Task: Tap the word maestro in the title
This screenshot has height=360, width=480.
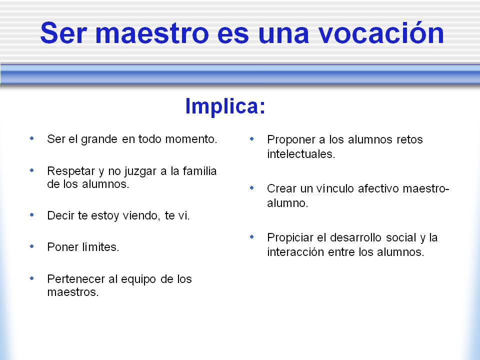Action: click(x=152, y=33)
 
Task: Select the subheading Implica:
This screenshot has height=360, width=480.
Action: click(x=225, y=106)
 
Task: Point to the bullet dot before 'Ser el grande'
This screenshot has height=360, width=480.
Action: click(x=32, y=138)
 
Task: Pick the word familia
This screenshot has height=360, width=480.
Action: click(x=199, y=171)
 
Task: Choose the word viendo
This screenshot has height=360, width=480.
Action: click(x=141, y=216)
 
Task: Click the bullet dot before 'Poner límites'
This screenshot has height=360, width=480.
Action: click(x=32, y=246)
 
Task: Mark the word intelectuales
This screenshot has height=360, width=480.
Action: click(x=301, y=154)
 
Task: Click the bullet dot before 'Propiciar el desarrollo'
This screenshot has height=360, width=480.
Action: click(x=252, y=236)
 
